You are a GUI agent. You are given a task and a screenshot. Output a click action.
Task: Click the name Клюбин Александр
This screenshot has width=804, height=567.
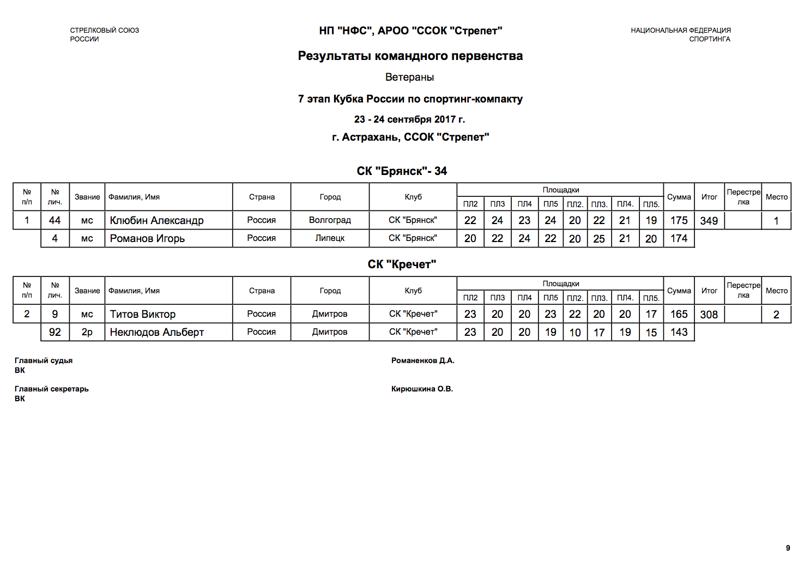[156, 220]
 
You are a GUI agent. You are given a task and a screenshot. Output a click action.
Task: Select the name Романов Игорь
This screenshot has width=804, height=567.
[147, 238]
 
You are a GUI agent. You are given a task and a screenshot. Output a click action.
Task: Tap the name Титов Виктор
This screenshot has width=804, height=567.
[143, 314]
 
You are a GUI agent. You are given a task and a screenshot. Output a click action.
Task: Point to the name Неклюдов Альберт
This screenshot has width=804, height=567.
[156, 332]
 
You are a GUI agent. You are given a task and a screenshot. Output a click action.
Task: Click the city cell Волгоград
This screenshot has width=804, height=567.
[330, 220]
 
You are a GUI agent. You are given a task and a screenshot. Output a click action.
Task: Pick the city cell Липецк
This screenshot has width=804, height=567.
[330, 238]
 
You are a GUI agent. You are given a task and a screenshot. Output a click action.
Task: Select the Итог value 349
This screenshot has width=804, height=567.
[709, 221]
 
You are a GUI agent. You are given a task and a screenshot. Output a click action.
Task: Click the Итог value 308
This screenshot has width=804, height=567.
[709, 315]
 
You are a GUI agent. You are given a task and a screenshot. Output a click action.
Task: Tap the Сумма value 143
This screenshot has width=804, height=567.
[679, 332]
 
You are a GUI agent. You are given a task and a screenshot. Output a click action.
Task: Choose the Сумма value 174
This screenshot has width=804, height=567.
[679, 238]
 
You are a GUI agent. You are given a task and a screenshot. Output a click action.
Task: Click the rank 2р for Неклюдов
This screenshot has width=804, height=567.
[87, 332]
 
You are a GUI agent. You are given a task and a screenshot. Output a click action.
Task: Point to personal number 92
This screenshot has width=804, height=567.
[55, 332]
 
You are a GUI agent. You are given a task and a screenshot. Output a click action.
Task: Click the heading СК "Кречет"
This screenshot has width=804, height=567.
[402, 264]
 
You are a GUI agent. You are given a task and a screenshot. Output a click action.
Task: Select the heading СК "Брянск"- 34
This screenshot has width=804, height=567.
[402, 171]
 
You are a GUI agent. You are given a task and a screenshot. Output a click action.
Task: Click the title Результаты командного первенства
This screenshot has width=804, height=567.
[410, 56]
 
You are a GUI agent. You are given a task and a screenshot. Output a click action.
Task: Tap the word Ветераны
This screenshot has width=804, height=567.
[409, 77]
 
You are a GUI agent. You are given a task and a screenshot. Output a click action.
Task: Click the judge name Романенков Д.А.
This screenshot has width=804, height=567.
[422, 360]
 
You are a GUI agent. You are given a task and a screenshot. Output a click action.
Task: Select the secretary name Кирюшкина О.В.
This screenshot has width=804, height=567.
[422, 389]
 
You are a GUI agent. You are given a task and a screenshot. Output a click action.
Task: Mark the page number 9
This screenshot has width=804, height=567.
[788, 548]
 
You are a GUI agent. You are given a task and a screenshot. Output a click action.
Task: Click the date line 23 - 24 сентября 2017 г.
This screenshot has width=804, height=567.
[409, 119]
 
